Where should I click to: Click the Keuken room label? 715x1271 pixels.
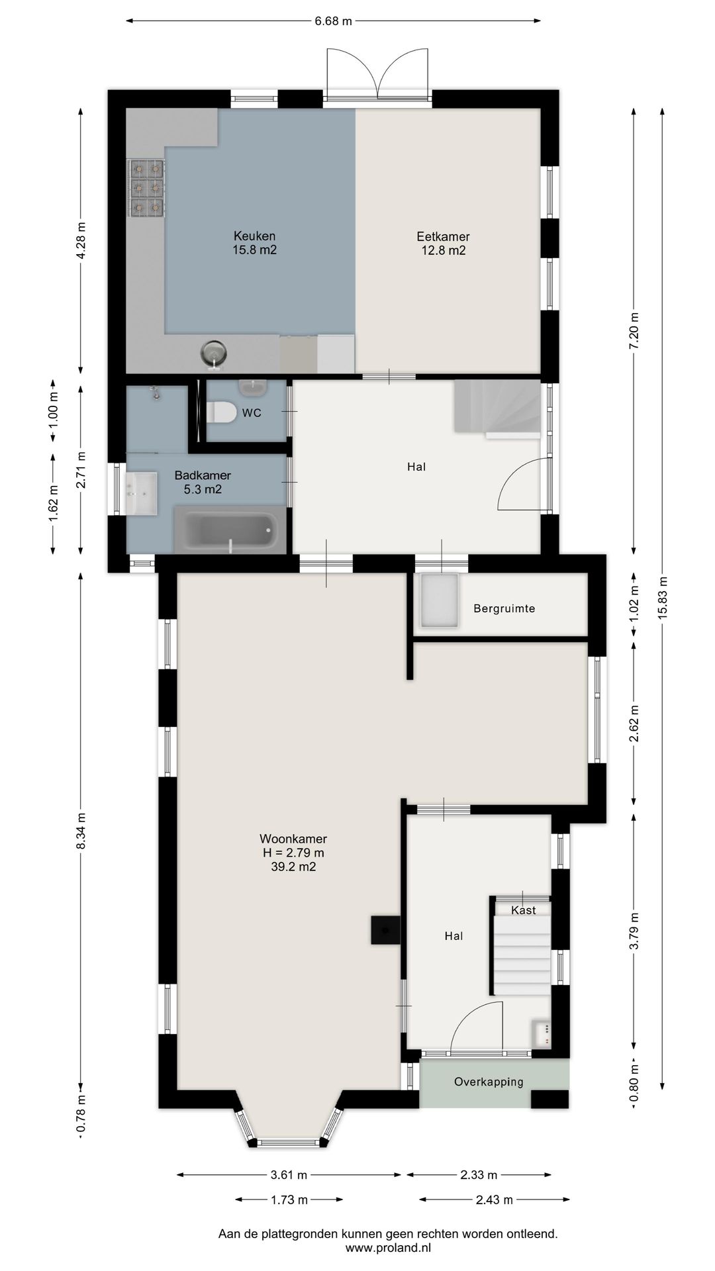[x=254, y=236]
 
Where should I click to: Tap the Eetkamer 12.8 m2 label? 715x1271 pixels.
[x=443, y=243]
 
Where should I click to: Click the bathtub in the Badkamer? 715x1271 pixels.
[x=230, y=530]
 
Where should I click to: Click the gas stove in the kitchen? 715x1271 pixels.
[x=146, y=189]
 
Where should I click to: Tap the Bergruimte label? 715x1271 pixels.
[x=504, y=608]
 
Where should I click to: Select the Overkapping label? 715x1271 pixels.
[x=489, y=1082]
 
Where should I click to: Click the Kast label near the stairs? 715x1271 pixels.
[x=523, y=910]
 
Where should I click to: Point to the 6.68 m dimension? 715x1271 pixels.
[x=333, y=21]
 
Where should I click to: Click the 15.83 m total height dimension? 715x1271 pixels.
[x=663, y=597]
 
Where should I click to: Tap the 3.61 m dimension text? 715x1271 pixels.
[x=289, y=1175]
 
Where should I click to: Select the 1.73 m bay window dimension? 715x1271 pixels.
[x=289, y=1200]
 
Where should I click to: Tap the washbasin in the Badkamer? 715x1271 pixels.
[x=141, y=493]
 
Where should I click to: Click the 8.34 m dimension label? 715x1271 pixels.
[x=81, y=831]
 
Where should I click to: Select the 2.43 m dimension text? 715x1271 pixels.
[x=495, y=1200]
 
